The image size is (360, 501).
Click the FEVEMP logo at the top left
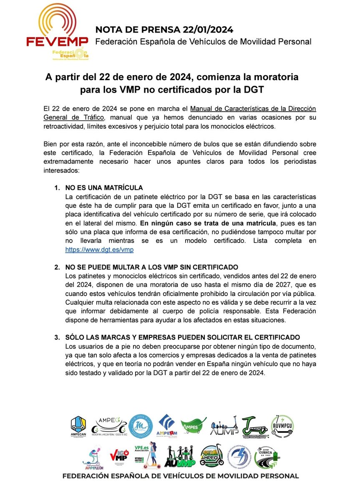click(57, 32)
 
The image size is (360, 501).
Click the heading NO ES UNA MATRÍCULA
click(104, 187)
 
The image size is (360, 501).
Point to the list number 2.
click(57, 267)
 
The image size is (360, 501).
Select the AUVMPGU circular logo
click(282, 426)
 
